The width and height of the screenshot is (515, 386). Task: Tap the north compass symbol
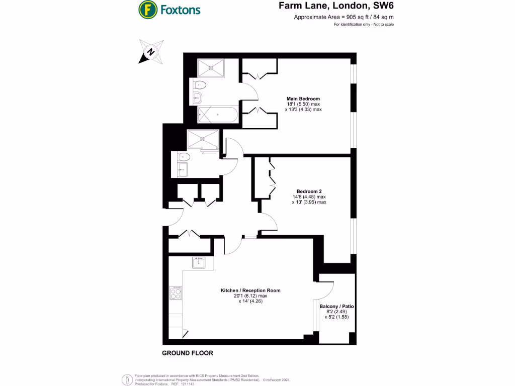click(151, 52)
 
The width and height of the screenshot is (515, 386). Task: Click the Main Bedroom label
click(303, 99)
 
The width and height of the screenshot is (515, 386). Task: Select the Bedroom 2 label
click(309, 191)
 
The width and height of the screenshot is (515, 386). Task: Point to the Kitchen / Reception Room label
click(250, 291)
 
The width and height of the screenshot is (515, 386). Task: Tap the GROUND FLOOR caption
click(187, 353)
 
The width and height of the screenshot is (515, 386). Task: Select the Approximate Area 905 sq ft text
click(344, 17)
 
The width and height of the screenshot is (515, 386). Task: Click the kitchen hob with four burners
click(176, 293)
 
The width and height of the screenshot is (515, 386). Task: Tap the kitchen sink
click(199, 262)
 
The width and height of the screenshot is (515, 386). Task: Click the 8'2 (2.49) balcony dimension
click(336, 312)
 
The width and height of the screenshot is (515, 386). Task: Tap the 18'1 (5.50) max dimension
click(303, 104)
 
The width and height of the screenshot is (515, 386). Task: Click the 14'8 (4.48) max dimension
click(309, 197)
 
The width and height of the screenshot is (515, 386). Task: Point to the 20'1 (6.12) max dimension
click(250, 296)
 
